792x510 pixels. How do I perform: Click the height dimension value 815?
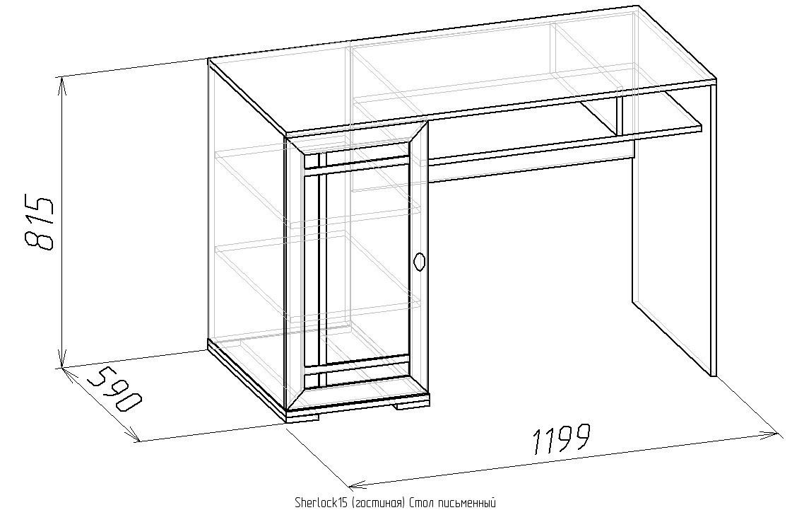pos(38,221)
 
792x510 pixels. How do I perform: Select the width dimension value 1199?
pos(561,438)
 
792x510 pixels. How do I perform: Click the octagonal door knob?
pos(419,262)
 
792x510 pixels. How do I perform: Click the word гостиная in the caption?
pos(378,503)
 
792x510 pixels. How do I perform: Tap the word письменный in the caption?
pos(463,503)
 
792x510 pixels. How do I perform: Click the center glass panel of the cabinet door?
pos(367,266)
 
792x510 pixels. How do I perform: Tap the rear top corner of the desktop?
pos(638,6)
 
